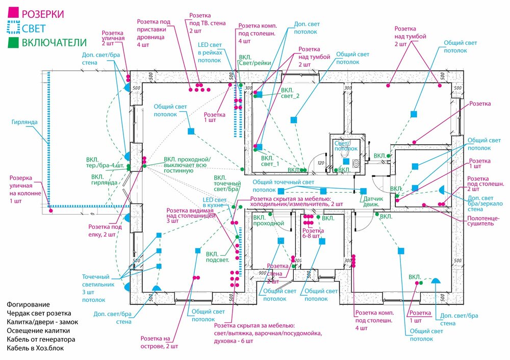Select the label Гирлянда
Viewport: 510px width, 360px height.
23,122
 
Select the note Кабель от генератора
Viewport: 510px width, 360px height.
41,339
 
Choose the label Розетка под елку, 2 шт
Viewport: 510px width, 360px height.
105,230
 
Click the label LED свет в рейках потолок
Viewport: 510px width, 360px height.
210,53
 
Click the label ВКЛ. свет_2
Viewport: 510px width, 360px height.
290,93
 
